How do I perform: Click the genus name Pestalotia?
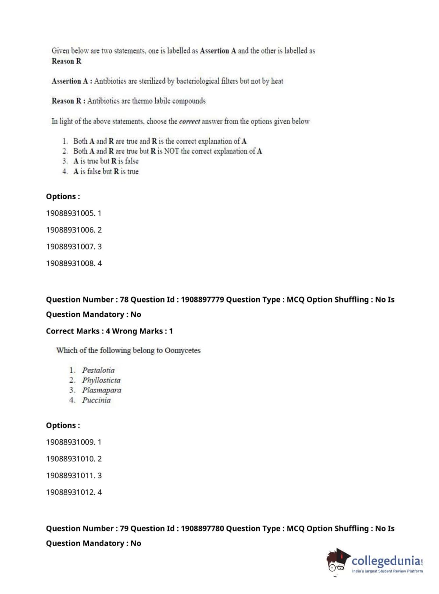[x=98, y=370]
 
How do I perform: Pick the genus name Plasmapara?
[x=101, y=390]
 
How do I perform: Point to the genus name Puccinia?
[x=96, y=400]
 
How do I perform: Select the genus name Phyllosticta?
[x=101, y=380]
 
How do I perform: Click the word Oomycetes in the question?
[x=182, y=350]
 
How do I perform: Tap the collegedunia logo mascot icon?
[x=338, y=561]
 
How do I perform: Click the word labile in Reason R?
[x=162, y=101]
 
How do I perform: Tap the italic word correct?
[x=189, y=121]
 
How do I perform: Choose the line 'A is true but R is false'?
[x=106, y=161]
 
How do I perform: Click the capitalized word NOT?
[x=171, y=151]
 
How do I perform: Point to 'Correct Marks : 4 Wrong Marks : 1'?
[x=109, y=331]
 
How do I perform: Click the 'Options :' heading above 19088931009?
[x=63, y=425]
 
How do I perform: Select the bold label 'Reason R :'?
[x=68, y=101]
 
